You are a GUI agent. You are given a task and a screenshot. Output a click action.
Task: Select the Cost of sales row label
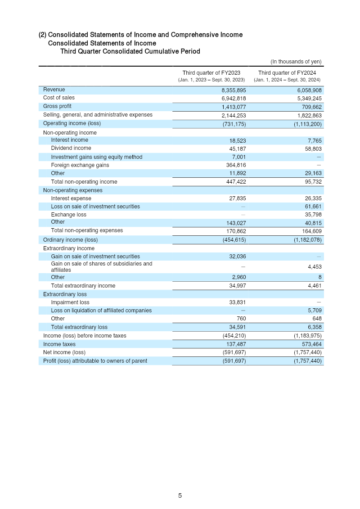point(59,98)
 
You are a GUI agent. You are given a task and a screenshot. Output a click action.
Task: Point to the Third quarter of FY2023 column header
point(211,73)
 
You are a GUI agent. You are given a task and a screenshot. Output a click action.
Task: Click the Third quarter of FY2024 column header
point(287,73)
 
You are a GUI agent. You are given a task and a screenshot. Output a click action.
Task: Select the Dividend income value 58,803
point(311,149)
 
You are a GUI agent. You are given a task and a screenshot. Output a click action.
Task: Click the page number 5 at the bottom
point(180,495)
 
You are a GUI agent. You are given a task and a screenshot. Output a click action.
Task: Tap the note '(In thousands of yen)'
point(296,62)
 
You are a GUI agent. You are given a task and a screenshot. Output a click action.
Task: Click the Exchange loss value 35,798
point(311,215)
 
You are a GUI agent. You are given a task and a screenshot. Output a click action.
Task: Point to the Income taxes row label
point(59,344)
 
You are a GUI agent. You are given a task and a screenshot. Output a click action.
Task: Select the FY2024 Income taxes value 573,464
point(310,344)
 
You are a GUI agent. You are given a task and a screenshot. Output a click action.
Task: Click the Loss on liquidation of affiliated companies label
point(101,311)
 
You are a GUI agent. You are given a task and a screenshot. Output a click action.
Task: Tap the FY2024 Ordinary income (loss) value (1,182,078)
point(305,240)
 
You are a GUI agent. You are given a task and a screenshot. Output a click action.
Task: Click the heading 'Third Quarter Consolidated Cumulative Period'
point(130,51)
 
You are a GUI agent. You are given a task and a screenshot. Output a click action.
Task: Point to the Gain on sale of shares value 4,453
point(313,267)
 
